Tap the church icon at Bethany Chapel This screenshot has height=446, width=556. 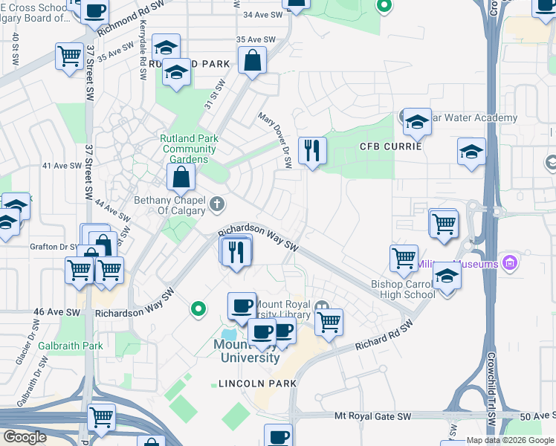coord(216,203)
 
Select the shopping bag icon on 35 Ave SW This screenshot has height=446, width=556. coord(253,61)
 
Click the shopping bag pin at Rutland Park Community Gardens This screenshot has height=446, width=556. coord(181,178)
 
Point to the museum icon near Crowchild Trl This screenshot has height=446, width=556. coord(509,262)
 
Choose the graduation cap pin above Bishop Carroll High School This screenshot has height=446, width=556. coord(447,275)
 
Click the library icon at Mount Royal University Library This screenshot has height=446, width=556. coord(321,306)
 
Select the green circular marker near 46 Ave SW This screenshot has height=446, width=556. coord(197,307)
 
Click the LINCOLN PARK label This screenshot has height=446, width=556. coord(257,384)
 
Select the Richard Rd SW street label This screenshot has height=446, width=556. coord(384,335)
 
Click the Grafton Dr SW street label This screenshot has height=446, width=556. coord(54,246)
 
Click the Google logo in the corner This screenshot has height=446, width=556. coord(25,437)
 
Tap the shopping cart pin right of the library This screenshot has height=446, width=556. coord(329,322)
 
